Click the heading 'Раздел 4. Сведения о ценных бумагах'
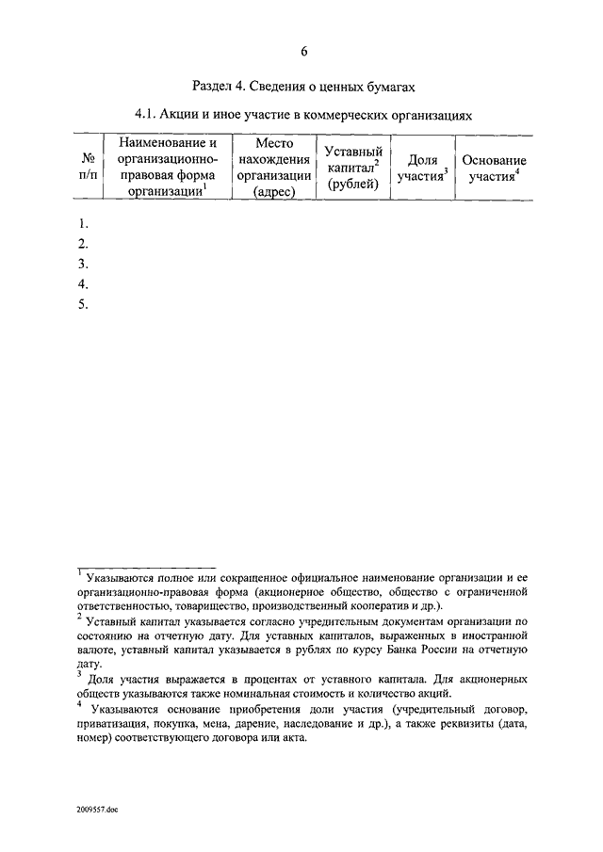302,86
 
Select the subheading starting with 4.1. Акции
302,115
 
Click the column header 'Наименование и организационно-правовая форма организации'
168,167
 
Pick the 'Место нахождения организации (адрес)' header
274,167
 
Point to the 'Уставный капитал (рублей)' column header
352,167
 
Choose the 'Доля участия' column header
421,168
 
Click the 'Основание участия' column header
493,168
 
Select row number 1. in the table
84,223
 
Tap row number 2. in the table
84,243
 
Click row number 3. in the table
84,263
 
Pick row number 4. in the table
84,283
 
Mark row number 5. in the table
84,303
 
